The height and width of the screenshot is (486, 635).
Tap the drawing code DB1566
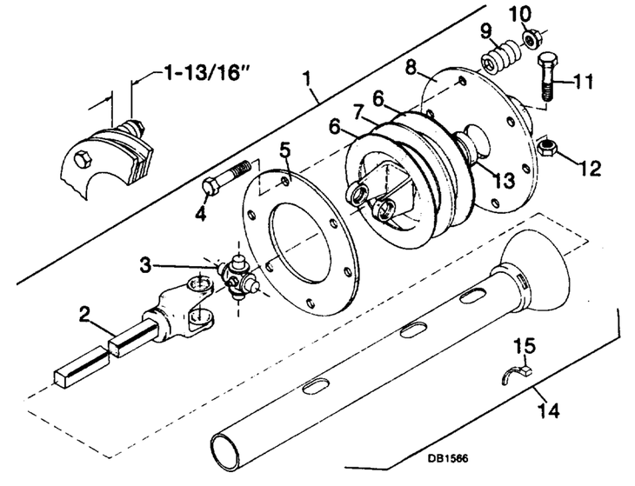coord(448,458)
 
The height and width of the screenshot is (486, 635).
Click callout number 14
coord(549,409)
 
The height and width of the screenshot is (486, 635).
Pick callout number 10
coord(521,15)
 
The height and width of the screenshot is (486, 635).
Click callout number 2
coord(84,314)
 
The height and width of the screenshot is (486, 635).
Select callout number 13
coord(505,180)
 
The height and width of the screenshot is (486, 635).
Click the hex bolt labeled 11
coord(546,77)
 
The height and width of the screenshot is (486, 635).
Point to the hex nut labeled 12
coord(546,145)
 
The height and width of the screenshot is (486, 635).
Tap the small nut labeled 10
coord(530,38)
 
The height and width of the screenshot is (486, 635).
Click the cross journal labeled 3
coord(237,277)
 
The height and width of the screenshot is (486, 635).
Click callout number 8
coord(411,67)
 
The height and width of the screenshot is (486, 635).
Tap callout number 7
coord(358,114)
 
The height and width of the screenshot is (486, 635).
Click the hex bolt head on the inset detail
coord(84,159)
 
